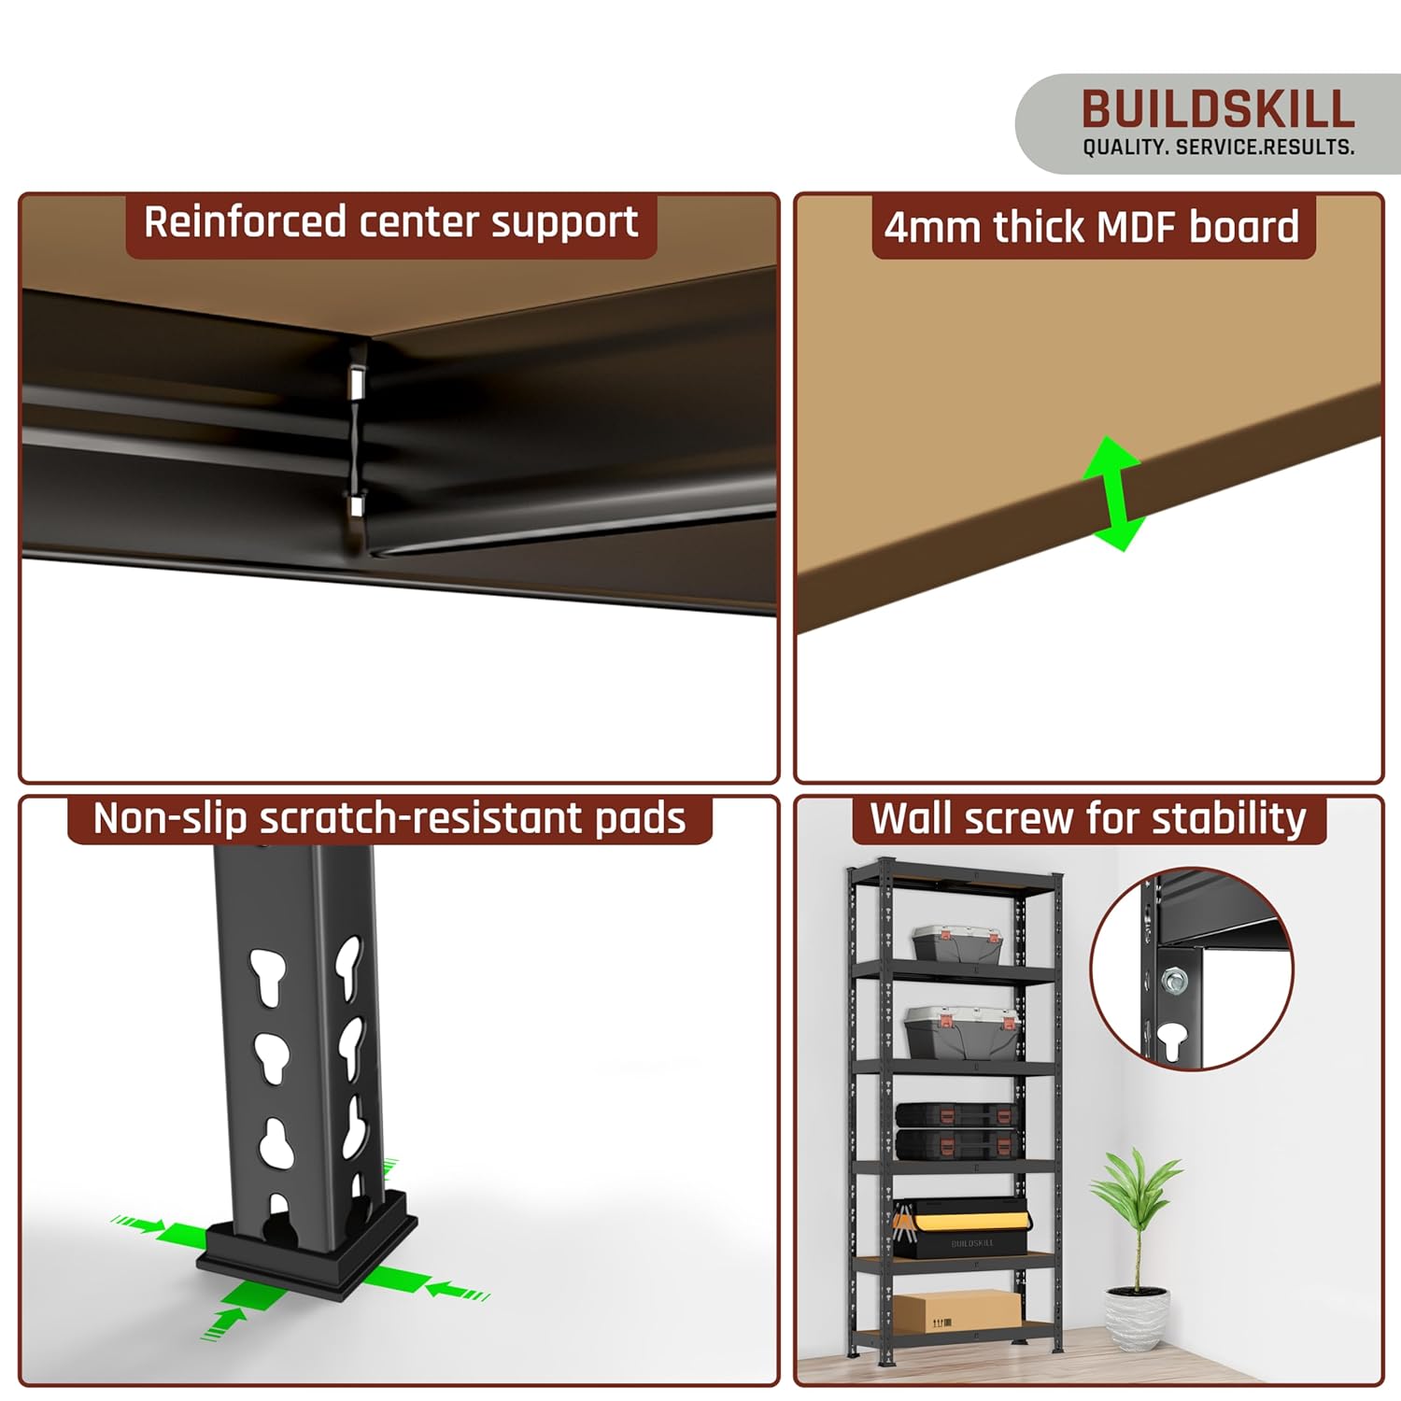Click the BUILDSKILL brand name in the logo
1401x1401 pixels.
click(x=1218, y=109)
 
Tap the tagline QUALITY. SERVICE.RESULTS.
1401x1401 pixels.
click(x=1218, y=148)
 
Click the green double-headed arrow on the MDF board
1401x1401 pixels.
click(x=1113, y=493)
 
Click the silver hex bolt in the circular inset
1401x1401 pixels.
click(x=1174, y=981)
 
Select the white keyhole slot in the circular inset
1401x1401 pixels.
click(x=1171, y=1040)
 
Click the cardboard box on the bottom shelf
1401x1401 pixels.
click(x=957, y=1311)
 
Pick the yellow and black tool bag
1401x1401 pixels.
click(x=962, y=1226)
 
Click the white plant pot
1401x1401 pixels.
click(x=1137, y=1316)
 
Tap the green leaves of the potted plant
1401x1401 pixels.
click(x=1135, y=1191)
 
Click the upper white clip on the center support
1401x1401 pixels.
click(x=356, y=380)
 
